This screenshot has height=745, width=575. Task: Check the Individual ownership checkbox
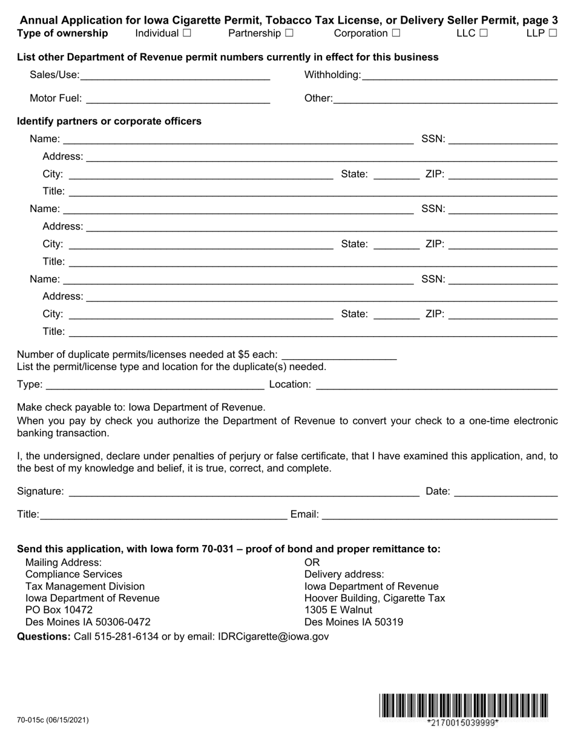(186, 33)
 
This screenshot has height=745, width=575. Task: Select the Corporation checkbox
(396, 33)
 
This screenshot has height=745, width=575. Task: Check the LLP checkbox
(553, 33)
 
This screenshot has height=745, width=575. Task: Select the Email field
(439, 514)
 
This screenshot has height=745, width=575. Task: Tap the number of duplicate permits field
(339, 354)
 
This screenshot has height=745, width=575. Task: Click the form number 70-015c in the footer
(53, 720)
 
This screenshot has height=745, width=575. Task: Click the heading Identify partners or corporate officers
(109, 121)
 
